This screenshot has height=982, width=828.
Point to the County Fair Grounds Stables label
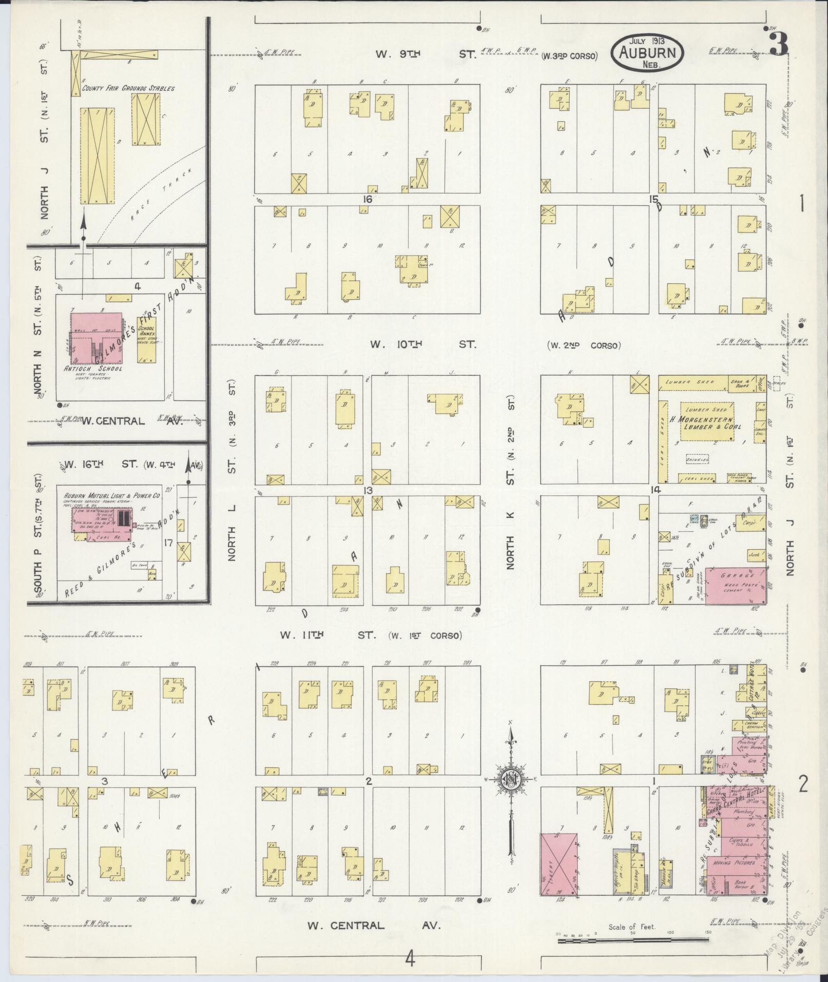point(128,88)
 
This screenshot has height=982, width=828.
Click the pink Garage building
point(734,585)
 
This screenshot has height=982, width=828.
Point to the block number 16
point(367,199)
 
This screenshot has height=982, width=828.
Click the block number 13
point(368,491)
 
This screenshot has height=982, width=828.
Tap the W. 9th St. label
point(426,54)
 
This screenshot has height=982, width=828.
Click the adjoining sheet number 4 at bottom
point(409,958)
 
